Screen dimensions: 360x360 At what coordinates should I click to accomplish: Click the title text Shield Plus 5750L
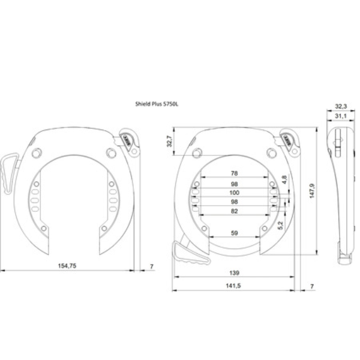[x=157, y=104]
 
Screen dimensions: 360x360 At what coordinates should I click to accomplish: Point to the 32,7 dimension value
[x=169, y=141]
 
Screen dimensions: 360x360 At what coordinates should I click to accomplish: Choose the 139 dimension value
[x=234, y=273]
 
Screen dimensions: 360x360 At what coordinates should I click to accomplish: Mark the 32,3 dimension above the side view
[x=341, y=107]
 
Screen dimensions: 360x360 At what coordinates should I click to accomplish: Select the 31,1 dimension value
[x=341, y=117]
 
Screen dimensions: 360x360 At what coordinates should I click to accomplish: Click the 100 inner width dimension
[x=234, y=193]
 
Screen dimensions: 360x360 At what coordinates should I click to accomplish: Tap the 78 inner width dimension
[x=234, y=173]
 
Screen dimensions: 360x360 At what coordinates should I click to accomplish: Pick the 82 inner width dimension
[x=234, y=212]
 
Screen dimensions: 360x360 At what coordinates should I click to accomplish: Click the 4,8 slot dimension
[x=284, y=179]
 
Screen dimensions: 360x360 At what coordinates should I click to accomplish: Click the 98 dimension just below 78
[x=234, y=183]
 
